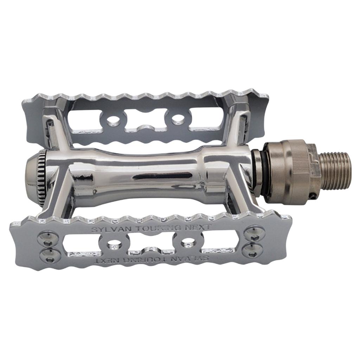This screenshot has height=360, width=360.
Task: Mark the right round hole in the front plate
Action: (188, 242)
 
